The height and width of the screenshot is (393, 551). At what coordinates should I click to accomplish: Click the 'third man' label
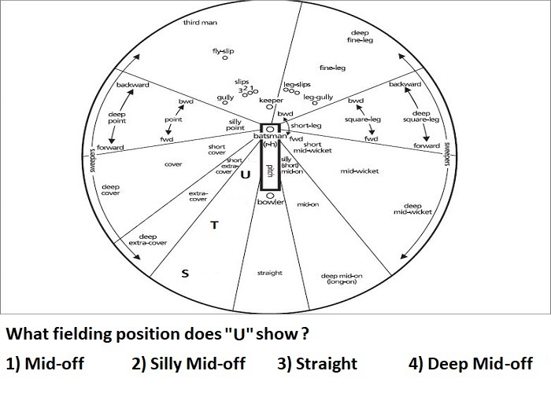200,23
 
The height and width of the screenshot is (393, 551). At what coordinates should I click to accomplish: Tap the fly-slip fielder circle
225,57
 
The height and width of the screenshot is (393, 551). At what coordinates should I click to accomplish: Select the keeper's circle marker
269,107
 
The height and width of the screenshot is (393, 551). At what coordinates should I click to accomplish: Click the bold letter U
246,174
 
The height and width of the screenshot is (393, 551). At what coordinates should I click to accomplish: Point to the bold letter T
214,225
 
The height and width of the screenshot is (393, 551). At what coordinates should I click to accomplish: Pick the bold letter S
185,274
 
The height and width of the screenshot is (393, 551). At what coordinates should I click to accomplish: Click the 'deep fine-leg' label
360,36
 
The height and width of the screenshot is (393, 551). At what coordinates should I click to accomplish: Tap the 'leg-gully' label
318,97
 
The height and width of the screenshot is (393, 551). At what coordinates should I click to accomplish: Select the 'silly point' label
235,124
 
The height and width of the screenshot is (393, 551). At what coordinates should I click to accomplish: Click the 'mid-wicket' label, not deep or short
360,171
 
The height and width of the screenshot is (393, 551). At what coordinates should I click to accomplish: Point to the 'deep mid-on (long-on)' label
342,278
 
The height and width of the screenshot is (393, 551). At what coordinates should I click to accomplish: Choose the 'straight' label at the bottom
269,273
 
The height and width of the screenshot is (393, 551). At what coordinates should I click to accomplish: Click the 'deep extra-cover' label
148,240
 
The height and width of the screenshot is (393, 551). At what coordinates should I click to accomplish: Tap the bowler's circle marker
270,196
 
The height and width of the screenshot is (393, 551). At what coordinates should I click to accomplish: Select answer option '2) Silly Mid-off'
188,364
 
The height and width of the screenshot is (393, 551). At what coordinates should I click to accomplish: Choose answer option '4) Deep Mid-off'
470,364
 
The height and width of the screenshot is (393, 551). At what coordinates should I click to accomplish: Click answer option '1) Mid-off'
45,363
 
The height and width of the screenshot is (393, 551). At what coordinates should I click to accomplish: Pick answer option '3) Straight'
317,364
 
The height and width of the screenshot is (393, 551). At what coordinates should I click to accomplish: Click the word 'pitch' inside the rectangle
270,171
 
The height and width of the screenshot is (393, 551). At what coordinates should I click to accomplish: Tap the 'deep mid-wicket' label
412,209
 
